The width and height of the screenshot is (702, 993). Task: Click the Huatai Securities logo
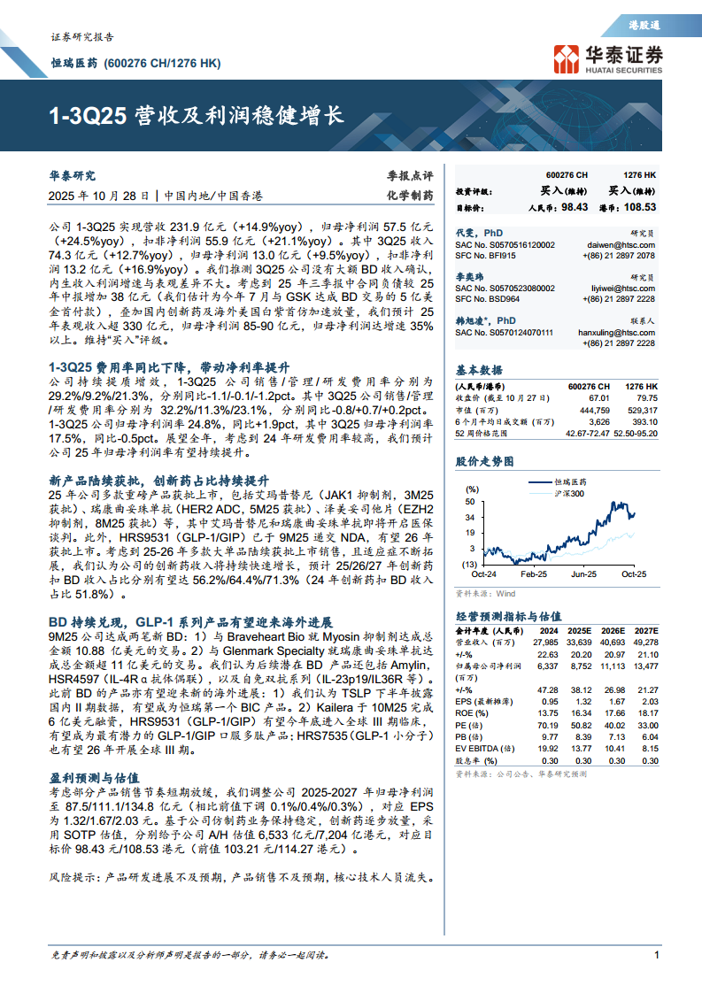[606, 58]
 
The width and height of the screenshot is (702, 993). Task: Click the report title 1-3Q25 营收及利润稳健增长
[196, 115]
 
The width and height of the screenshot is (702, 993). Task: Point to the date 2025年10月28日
[98, 196]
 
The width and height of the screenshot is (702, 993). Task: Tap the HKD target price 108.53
[639, 207]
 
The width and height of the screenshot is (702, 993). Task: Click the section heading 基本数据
[479, 370]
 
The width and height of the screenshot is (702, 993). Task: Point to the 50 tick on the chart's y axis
[471, 501]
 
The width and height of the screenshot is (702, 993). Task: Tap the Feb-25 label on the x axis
[533, 574]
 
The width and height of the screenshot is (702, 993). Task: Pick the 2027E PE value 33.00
[646, 724]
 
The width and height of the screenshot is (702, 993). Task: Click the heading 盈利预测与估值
[91, 775]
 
